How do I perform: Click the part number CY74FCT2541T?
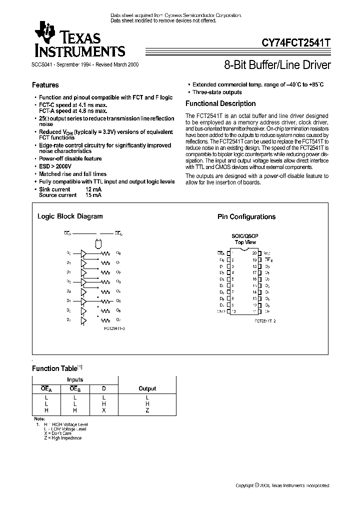[x=296, y=43]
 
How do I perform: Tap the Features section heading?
[x=45, y=85]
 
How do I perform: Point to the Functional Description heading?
[x=220, y=104]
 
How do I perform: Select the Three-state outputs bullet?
[x=217, y=92]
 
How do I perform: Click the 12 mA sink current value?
[x=93, y=189]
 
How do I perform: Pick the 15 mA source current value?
[x=93, y=195]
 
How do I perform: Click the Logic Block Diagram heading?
[x=70, y=216]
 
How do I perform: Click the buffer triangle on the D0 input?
[x=83, y=253]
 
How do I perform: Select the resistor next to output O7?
[x=105, y=319]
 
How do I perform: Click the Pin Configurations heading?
[x=246, y=217]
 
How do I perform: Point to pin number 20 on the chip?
[x=254, y=253]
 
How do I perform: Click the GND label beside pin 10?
[x=220, y=311]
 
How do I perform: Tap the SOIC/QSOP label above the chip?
[x=245, y=236]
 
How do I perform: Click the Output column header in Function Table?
[x=147, y=388]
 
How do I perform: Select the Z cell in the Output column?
[x=147, y=410]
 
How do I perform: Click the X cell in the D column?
[x=103, y=410]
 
